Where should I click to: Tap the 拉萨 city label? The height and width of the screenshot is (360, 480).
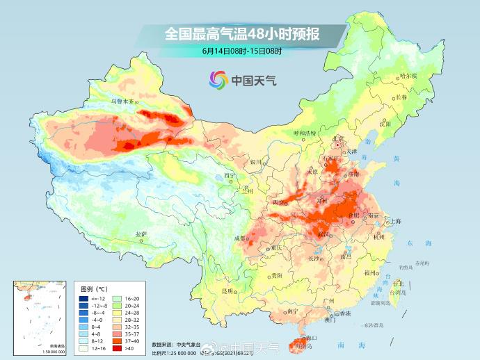(x=141, y=234)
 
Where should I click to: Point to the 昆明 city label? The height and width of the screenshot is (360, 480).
(x=227, y=290)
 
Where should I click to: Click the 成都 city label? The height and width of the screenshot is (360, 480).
(x=241, y=238)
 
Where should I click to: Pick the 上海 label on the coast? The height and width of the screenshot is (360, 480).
(x=395, y=221)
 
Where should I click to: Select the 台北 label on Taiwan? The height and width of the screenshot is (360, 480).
(x=398, y=284)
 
